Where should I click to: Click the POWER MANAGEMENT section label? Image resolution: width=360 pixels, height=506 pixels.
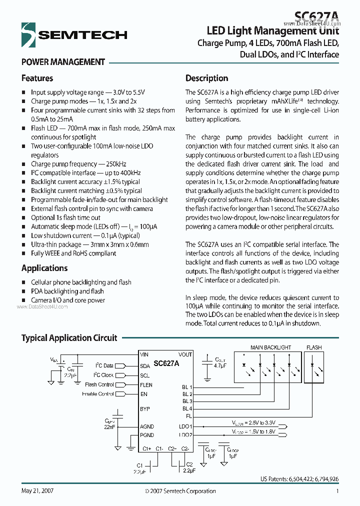pyautogui.click(x=63, y=62)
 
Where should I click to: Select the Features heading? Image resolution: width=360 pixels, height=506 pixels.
pyautogui.click(x=37, y=78)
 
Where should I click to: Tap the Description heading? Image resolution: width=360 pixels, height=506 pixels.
pyautogui.click(x=206, y=78)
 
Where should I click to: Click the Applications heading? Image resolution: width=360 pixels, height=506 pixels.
pyautogui.click(x=44, y=268)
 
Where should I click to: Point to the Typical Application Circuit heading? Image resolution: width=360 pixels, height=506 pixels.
pyautogui.click(x=69, y=338)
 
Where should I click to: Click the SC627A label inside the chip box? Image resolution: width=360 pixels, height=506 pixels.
pyautogui.click(x=166, y=364)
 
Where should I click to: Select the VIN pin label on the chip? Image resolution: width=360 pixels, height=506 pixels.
pyautogui.click(x=144, y=354)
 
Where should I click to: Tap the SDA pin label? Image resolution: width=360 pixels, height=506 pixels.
pyautogui.click(x=145, y=365)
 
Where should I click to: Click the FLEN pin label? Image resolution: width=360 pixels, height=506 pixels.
pyautogui.click(x=146, y=385)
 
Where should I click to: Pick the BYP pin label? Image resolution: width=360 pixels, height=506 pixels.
pyautogui.click(x=145, y=409)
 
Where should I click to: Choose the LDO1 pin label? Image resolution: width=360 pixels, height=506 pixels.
pyautogui.click(x=185, y=426)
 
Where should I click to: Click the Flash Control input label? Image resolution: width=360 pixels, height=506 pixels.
pyautogui.click(x=99, y=385)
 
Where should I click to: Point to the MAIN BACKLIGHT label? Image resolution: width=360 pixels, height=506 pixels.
pyautogui.click(x=270, y=347)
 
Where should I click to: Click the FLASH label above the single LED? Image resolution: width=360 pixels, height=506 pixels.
pyautogui.click(x=314, y=347)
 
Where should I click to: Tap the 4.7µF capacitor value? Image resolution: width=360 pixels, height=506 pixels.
pyautogui.click(x=220, y=365)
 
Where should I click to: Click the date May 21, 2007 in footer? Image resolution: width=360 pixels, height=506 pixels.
pyautogui.click(x=37, y=491)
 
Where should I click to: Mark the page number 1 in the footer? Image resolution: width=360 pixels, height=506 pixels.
pyautogui.click(x=337, y=491)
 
